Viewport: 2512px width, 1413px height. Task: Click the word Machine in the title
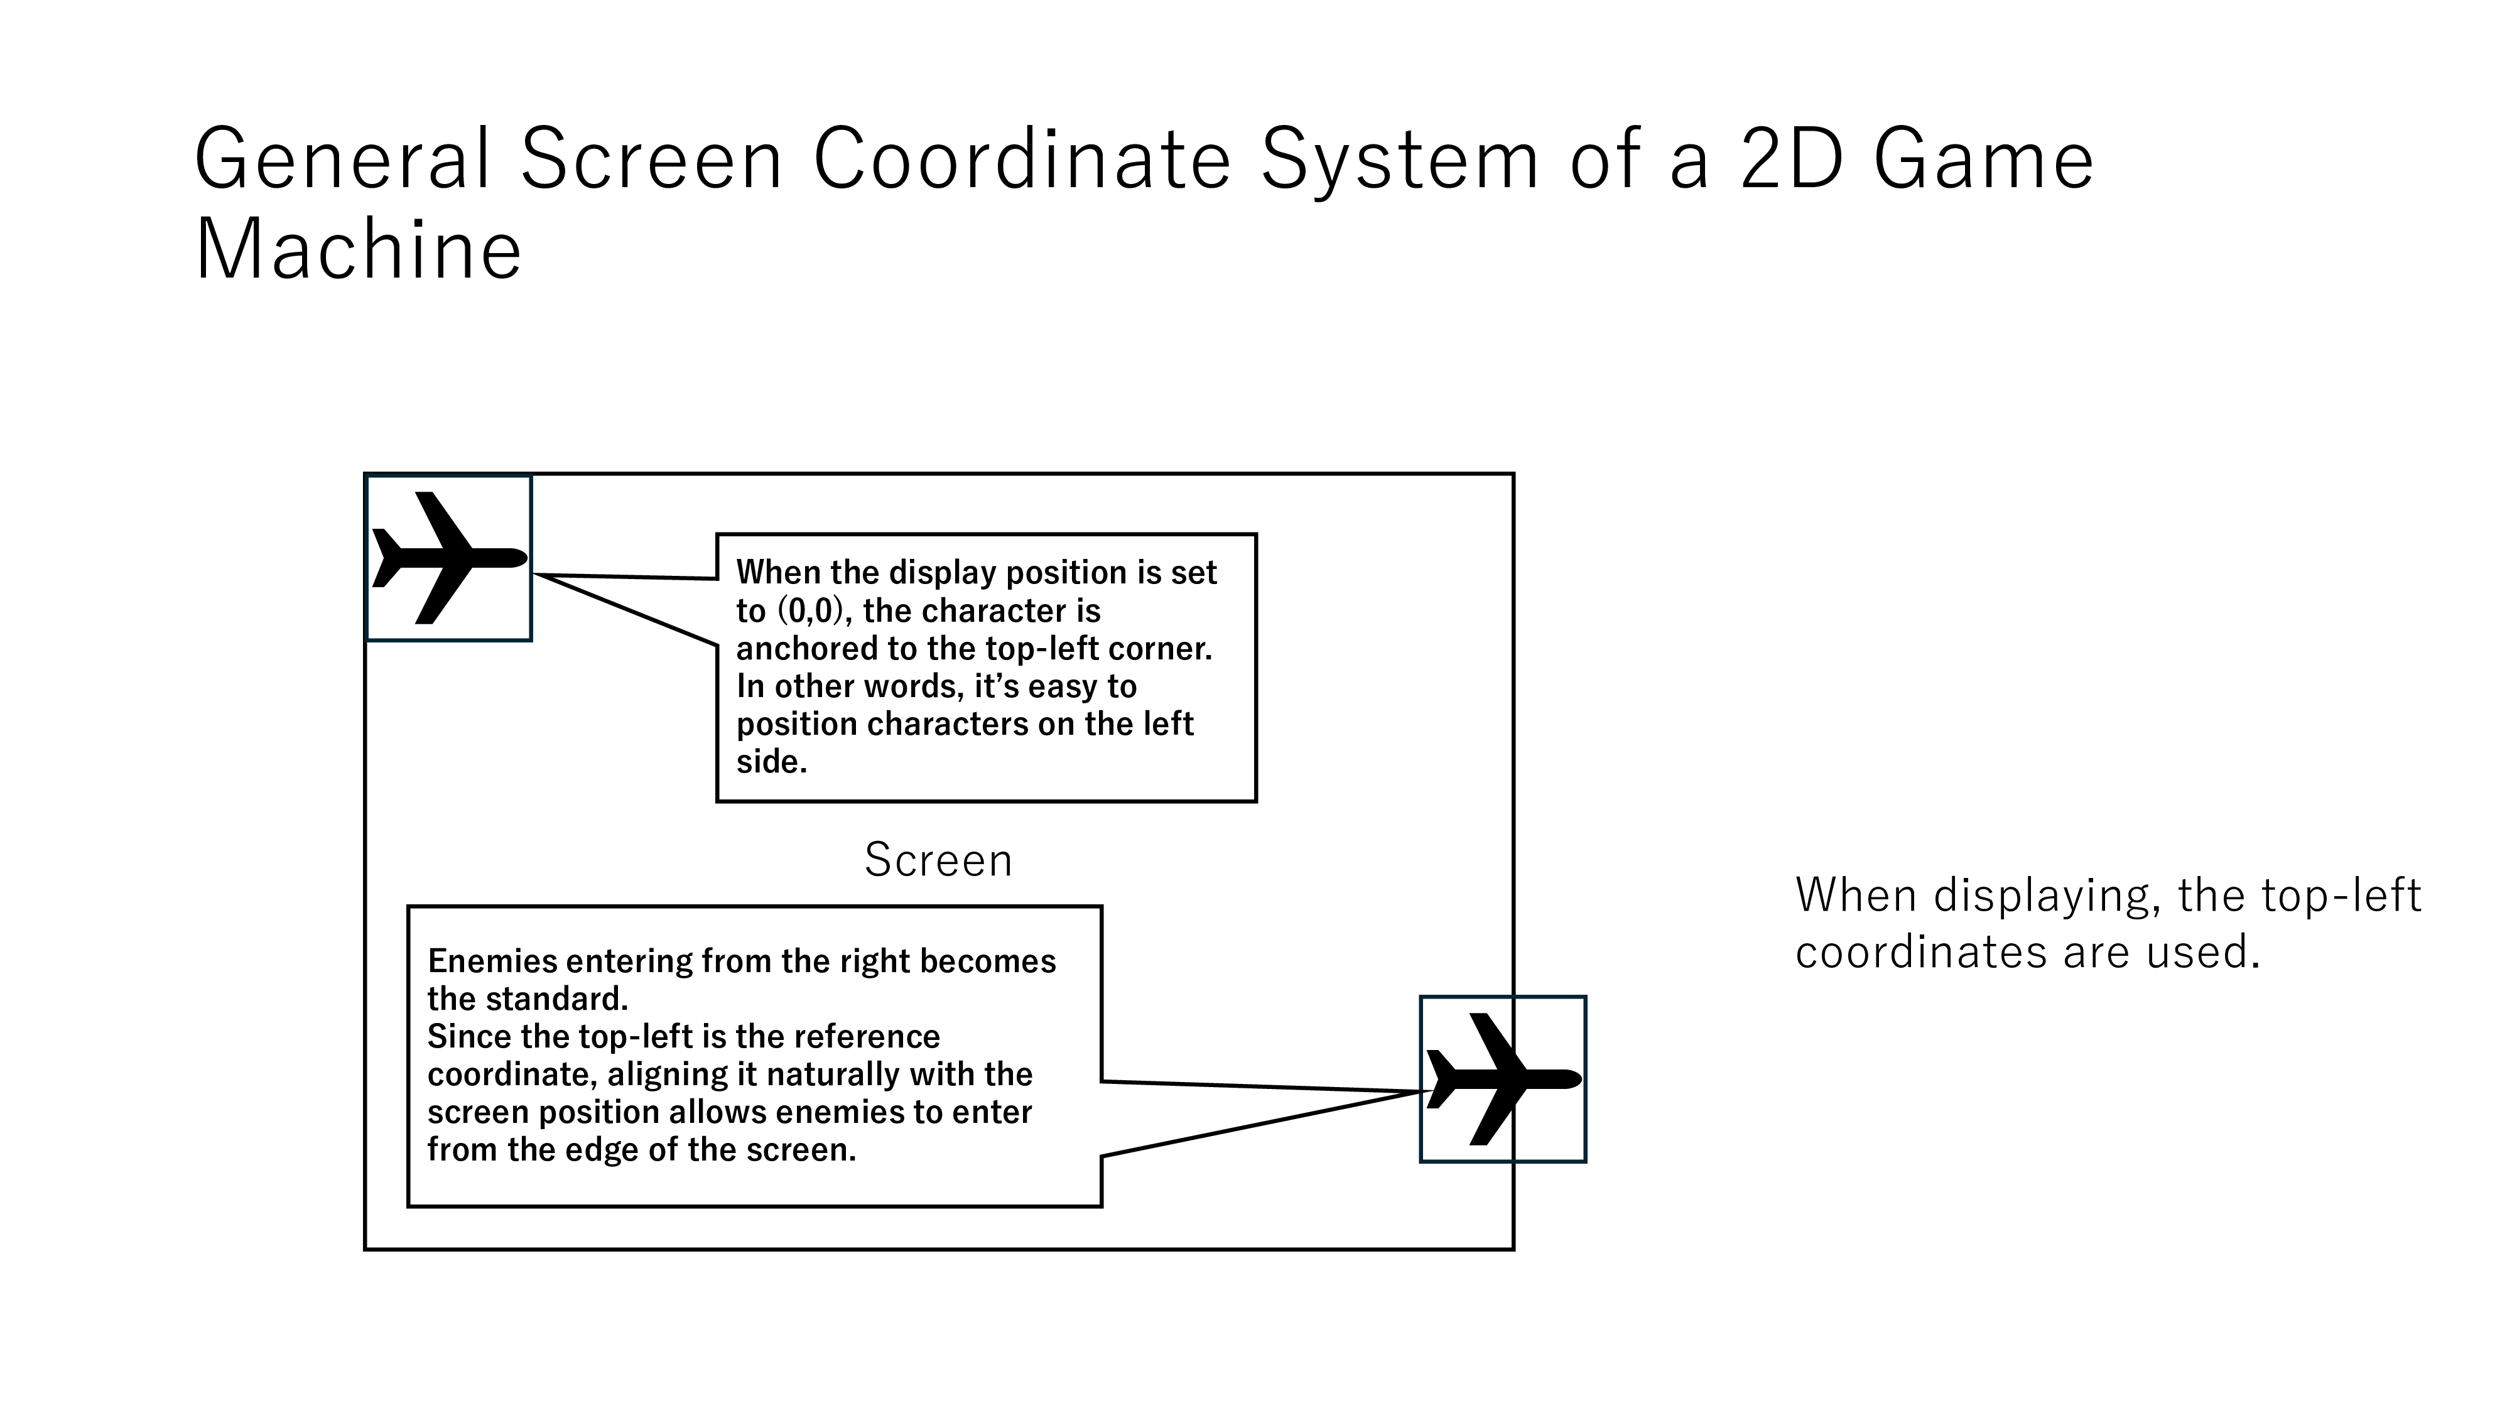(x=358, y=250)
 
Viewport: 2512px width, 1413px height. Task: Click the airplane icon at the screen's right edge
(x=1503, y=1078)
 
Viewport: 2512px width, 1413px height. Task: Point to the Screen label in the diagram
(x=938, y=860)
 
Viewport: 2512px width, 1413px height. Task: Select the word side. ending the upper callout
(x=771, y=762)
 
